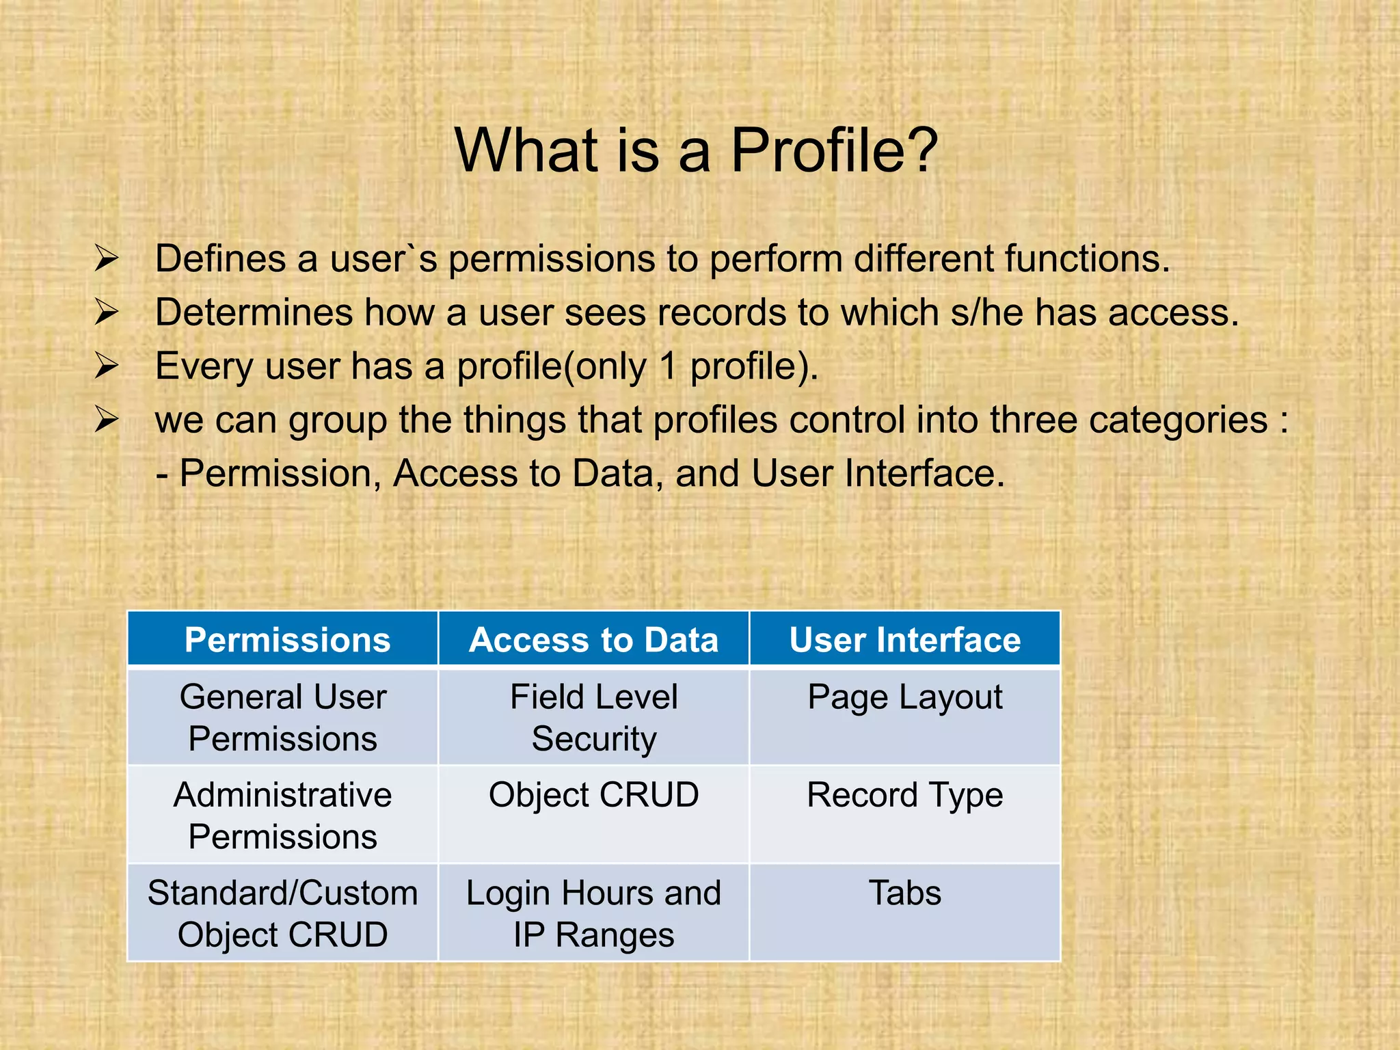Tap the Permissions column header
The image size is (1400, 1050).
point(287,640)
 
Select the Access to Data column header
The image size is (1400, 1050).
point(593,640)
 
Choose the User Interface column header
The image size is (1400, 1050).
point(904,640)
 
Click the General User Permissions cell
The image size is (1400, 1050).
point(282,718)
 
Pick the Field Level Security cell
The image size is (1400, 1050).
point(593,718)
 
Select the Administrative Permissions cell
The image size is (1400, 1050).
point(282,816)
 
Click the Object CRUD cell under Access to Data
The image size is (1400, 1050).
point(593,795)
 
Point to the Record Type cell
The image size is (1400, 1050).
point(904,795)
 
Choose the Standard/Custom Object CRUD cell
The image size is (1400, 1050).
point(282,913)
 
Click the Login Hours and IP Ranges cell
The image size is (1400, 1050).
point(593,913)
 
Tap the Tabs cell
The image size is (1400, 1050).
point(904,893)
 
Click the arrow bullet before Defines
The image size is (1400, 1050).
point(107,258)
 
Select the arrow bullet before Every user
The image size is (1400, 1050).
point(107,366)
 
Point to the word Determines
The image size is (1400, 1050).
point(254,312)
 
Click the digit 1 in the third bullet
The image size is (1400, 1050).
point(668,366)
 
